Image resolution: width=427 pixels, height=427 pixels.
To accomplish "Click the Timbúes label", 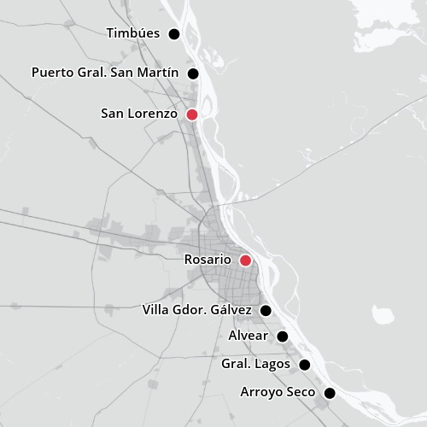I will pos(134,33).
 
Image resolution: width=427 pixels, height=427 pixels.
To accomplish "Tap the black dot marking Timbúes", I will pos(174,34).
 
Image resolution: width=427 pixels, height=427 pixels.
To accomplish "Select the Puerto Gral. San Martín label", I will pos(105,73).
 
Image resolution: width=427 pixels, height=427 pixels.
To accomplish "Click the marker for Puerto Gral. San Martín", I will pos(193,73).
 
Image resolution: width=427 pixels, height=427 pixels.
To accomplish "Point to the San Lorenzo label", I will pos(138,114).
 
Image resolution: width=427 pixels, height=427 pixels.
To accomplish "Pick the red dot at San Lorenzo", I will pos(192,114).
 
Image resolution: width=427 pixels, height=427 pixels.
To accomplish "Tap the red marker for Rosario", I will pos(245,260).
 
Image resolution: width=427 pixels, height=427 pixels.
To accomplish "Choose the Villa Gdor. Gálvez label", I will pos(197,309).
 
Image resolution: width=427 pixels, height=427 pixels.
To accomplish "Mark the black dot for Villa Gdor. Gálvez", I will pos(266,310).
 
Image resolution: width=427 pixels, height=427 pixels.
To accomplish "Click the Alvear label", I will pos(248,336).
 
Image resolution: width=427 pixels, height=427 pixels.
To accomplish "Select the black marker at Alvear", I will pos(283,336).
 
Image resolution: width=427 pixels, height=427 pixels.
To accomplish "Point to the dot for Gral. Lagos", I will pos(304,366).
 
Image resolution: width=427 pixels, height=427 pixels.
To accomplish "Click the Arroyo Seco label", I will pos(278,393).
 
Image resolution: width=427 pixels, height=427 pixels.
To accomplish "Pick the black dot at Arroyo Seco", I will pos(330,394).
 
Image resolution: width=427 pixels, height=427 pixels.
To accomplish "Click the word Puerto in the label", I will pos(52,73).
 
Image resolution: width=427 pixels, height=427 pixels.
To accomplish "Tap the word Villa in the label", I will pos(157,309).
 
